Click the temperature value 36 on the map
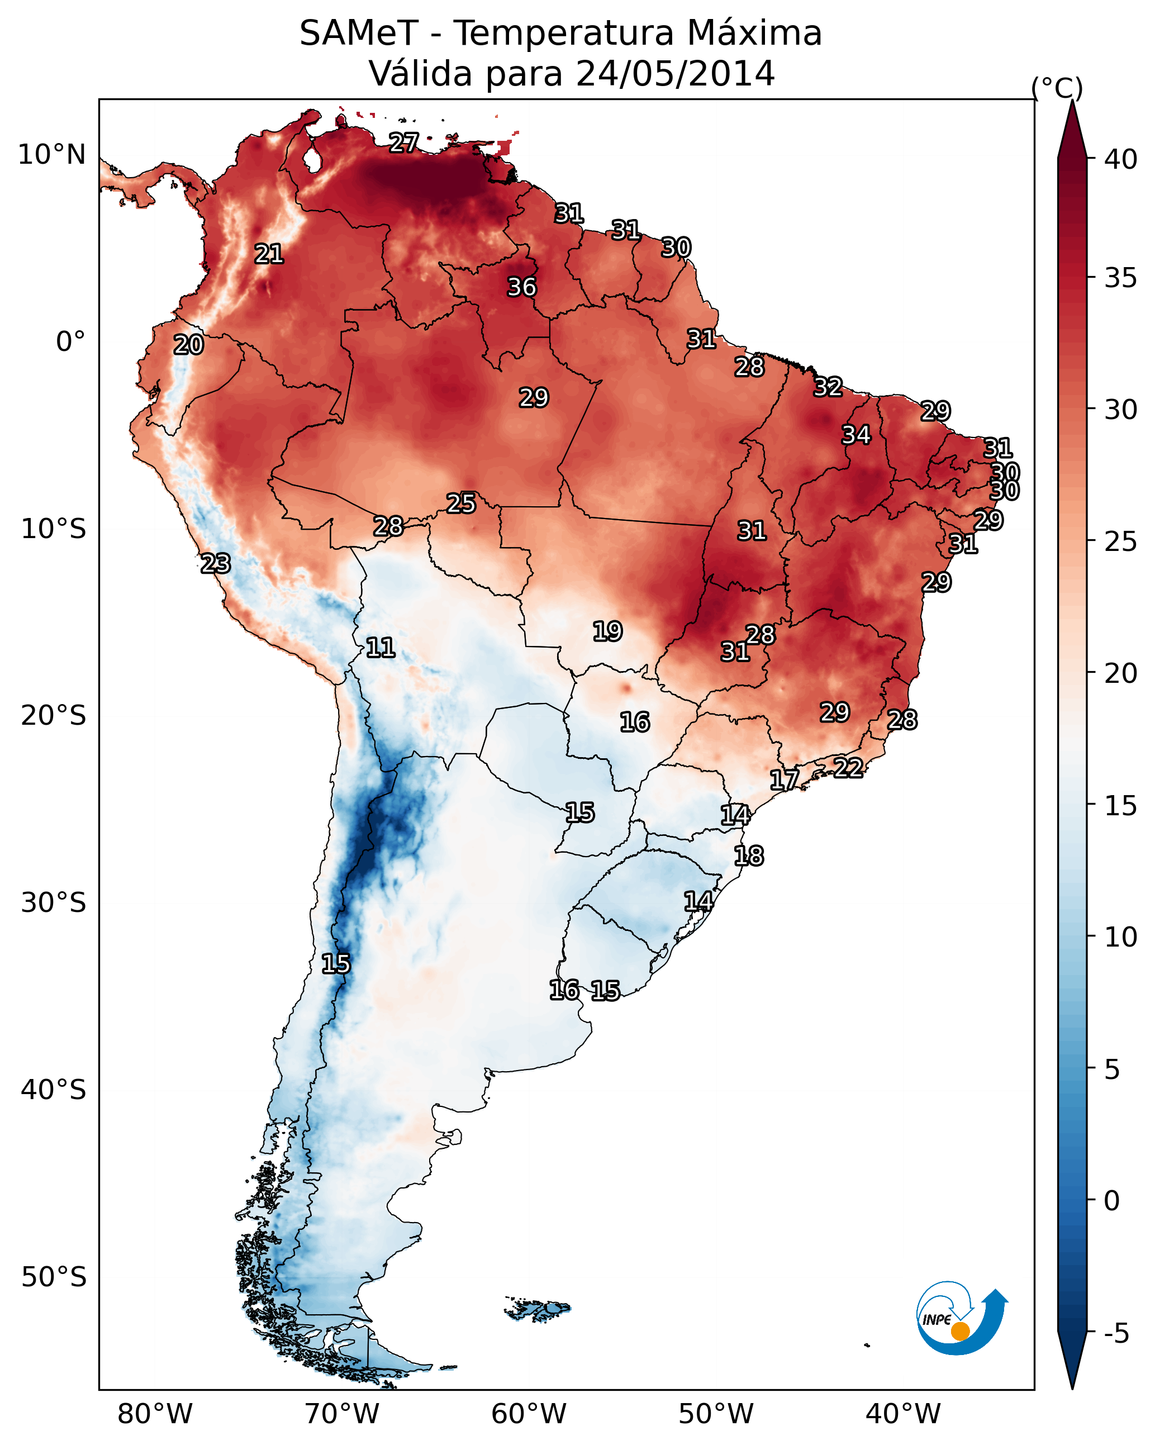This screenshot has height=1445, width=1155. click(x=521, y=287)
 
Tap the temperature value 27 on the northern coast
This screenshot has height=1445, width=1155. click(x=403, y=142)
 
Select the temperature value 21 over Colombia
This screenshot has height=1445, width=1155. click(x=269, y=253)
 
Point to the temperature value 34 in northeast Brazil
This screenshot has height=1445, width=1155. click(x=856, y=434)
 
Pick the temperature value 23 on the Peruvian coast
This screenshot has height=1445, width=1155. click(x=216, y=563)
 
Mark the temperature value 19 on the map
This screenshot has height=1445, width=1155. click(x=607, y=631)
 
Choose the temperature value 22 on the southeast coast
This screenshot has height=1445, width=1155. click(x=848, y=767)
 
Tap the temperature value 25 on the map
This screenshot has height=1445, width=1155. click(x=461, y=503)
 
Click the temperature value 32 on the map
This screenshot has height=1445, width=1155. click(x=828, y=387)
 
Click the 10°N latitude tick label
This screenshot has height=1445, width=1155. click(x=51, y=155)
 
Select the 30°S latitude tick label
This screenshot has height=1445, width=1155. click(x=53, y=903)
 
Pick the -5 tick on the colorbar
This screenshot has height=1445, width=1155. click(x=1116, y=1334)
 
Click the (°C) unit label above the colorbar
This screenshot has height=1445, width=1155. click(x=1057, y=88)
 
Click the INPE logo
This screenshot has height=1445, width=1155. click(x=961, y=1318)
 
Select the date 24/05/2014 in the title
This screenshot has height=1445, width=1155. click(x=675, y=73)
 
